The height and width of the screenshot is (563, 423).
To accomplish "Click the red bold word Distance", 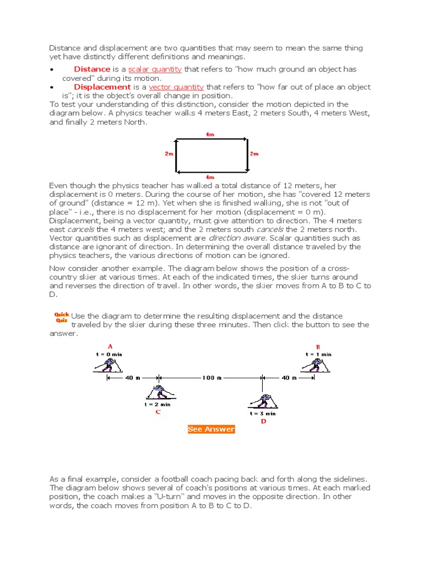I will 92,69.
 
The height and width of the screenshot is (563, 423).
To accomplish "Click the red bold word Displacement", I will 102,87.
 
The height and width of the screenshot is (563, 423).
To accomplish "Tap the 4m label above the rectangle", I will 210,134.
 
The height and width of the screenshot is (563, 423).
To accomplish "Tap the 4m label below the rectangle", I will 210,177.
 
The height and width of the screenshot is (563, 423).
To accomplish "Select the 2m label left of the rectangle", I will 169,154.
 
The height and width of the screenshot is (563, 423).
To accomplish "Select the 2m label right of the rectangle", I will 254,154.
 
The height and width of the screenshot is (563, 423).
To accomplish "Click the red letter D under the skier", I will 263,421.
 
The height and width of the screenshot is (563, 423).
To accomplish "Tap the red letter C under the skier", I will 158,412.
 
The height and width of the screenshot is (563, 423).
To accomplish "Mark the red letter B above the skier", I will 318,347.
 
